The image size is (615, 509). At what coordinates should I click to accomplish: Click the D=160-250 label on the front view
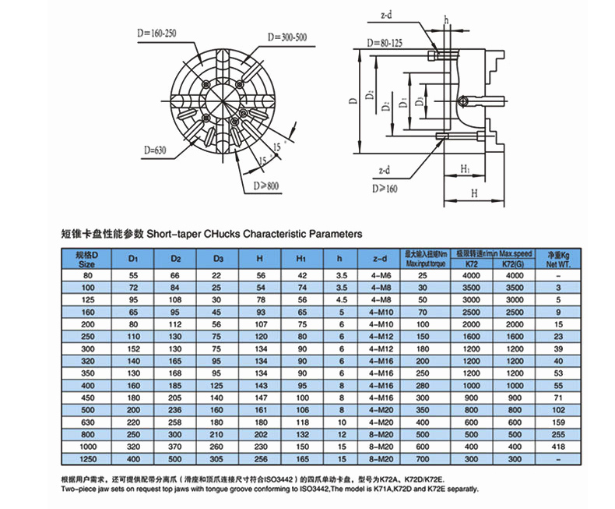click(x=156, y=34)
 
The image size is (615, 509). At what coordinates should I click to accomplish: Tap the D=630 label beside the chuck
click(x=156, y=150)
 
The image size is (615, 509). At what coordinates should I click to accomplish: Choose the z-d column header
click(x=381, y=259)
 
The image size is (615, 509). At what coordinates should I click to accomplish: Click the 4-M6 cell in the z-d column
click(x=381, y=276)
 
